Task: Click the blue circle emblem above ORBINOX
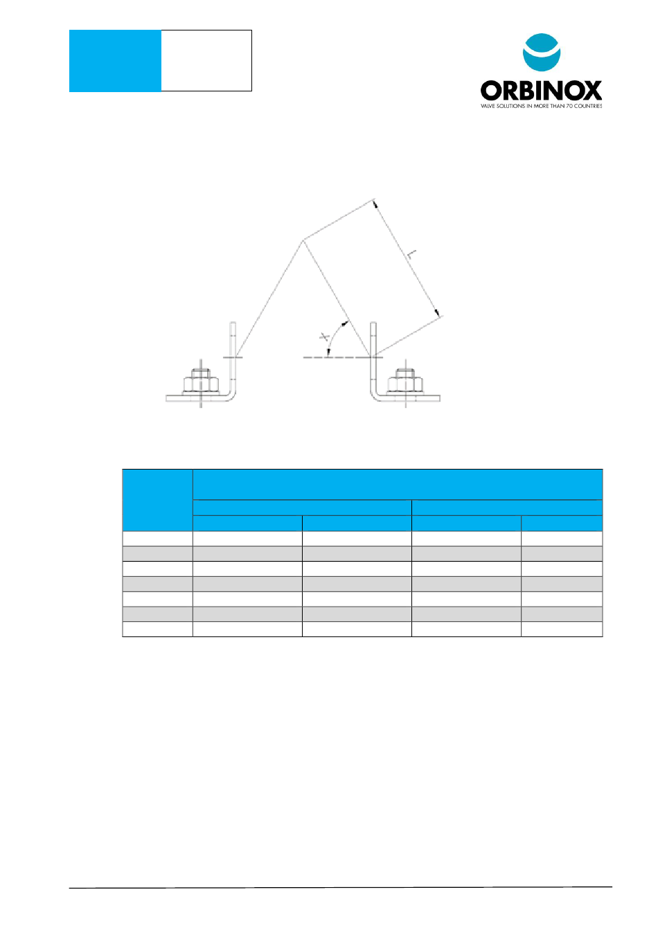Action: coord(542,53)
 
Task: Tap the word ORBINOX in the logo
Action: coord(541,91)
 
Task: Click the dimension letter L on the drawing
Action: coord(412,254)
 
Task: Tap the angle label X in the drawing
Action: coord(325,337)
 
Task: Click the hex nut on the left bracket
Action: coord(201,382)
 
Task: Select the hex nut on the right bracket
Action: coord(405,382)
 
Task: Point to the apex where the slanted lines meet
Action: coord(303,240)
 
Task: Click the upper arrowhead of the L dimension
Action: coord(375,204)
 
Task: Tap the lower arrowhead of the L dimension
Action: coord(437,312)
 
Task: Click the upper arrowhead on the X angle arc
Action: coord(345,323)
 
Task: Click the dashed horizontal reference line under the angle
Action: coord(337,357)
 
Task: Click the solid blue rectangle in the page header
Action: coord(115,61)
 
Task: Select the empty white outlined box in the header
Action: coord(206,61)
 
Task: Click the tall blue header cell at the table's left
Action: coord(157,500)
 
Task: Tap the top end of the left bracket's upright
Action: coord(233,322)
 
